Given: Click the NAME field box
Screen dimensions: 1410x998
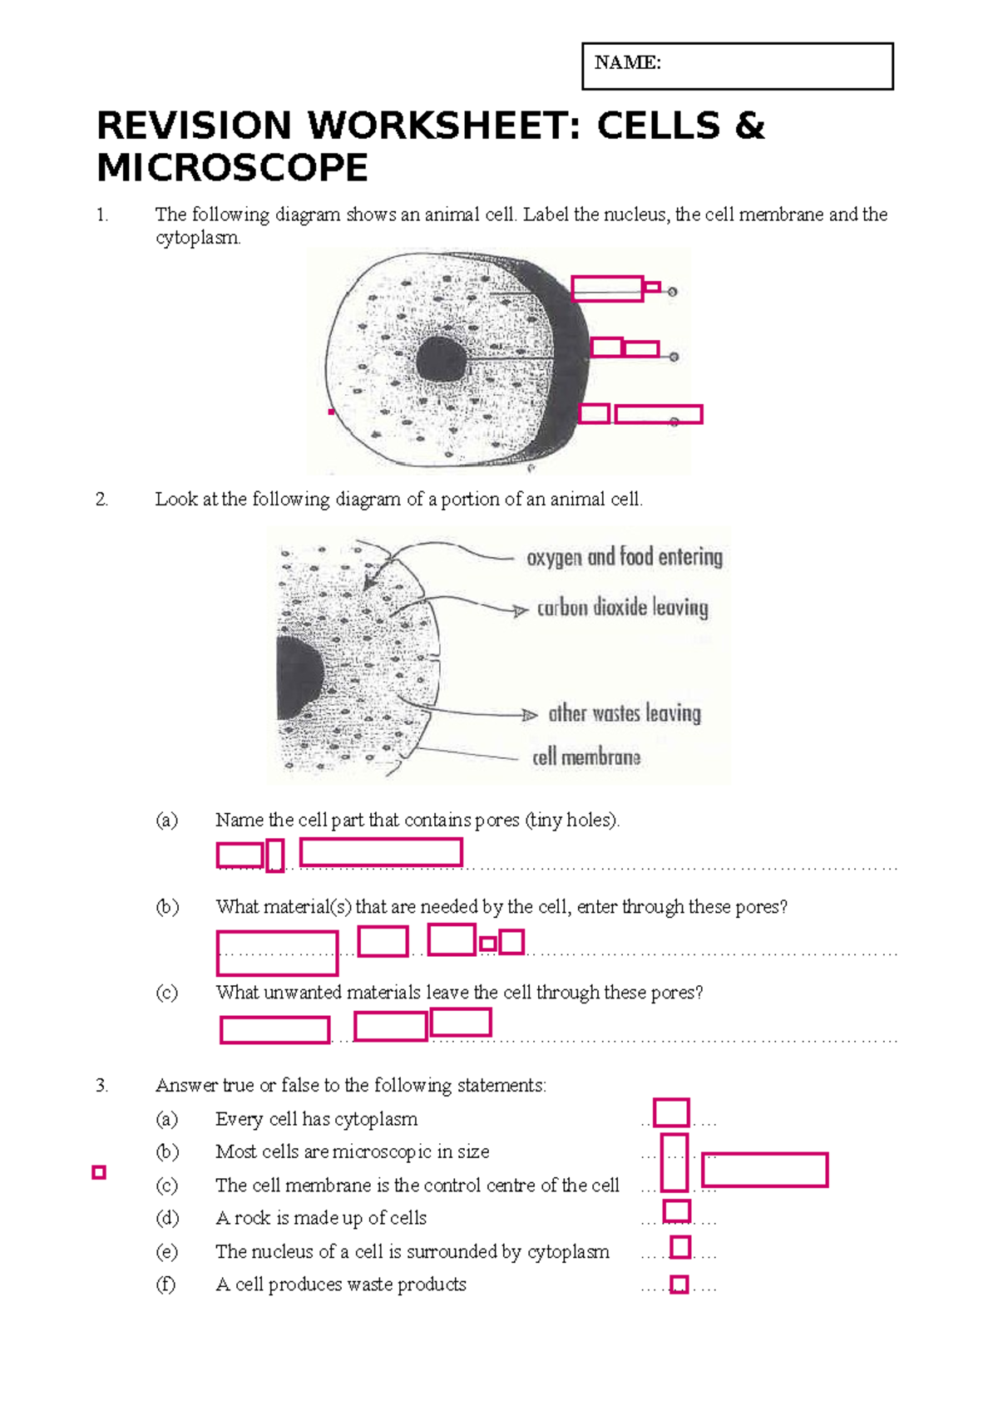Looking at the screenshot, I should [737, 67].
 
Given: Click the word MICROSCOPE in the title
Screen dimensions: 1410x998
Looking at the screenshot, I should [232, 168].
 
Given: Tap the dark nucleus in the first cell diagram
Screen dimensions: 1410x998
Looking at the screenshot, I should [441, 360].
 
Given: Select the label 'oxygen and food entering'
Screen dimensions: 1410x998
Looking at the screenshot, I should [624, 557].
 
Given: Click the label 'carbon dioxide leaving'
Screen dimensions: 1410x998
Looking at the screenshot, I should [622, 608].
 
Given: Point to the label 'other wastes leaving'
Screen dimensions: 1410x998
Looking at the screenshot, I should [624, 713].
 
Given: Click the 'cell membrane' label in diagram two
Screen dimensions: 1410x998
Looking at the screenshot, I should [586, 757].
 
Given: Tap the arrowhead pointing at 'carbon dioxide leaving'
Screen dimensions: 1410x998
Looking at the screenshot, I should [521, 611].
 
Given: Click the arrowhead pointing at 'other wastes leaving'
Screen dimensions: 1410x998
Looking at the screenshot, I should [530, 715].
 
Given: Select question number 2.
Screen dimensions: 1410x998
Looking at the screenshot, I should [101, 500].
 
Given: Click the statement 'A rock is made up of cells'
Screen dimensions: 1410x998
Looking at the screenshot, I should [320, 1218].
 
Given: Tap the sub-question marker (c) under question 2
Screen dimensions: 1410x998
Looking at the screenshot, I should [166, 993].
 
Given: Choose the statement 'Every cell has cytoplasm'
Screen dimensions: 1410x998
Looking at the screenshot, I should [316, 1119].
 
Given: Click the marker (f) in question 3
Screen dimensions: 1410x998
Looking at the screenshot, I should [166, 1284].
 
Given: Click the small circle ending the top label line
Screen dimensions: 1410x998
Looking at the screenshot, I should [673, 292].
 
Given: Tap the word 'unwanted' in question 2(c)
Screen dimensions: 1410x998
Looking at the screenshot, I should [303, 993].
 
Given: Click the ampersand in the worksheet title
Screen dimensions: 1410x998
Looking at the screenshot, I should [749, 126].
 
